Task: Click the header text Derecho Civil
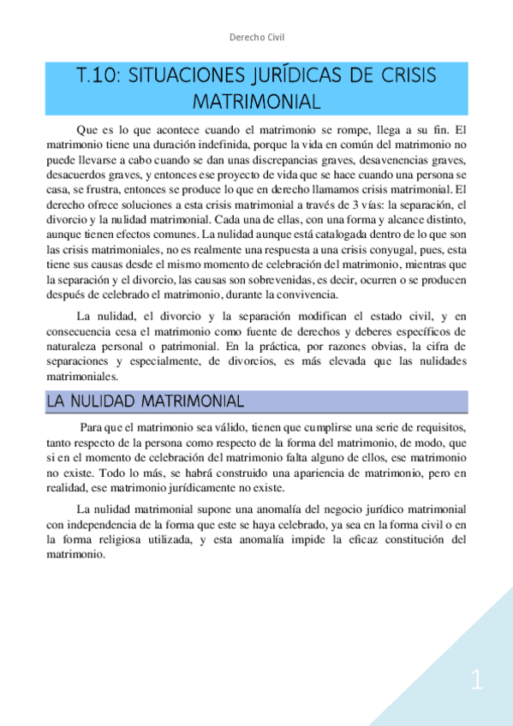coord(257,37)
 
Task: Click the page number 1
coord(477,681)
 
